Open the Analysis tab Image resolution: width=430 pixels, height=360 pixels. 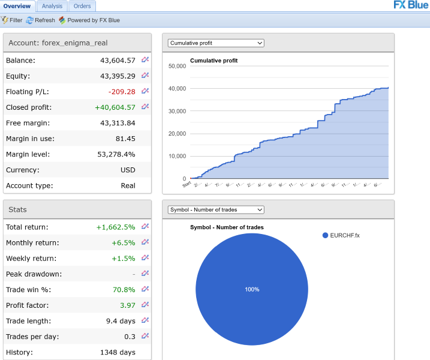pyautogui.click(x=52, y=6)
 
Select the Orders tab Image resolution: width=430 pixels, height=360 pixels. pyautogui.click(x=82, y=6)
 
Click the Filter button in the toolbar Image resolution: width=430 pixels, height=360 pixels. pyautogui.click(x=12, y=20)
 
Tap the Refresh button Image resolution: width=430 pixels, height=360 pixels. pyautogui.click(x=41, y=20)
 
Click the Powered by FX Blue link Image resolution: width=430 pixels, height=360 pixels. pyautogui.click(x=89, y=20)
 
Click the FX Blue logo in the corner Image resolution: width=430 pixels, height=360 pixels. pyautogui.click(x=411, y=5)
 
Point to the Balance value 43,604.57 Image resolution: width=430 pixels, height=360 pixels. pyautogui.click(x=118, y=61)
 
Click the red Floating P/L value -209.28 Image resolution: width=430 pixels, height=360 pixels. pyautogui.click(x=122, y=92)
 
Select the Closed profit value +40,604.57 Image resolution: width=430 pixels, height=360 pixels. pyautogui.click(x=115, y=107)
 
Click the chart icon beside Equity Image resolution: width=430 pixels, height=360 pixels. pyautogui.click(x=145, y=76)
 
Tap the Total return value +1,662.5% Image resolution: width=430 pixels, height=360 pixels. pyautogui.click(x=116, y=227)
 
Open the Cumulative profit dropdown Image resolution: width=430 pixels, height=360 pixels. pyautogui.click(x=216, y=43)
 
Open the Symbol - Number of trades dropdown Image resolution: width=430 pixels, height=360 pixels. pyautogui.click(x=216, y=209)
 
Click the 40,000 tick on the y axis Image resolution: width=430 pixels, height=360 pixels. pyautogui.click(x=176, y=89)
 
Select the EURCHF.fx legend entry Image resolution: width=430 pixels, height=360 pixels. pyautogui.click(x=344, y=235)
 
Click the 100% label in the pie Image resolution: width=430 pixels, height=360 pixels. pyautogui.click(x=252, y=289)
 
